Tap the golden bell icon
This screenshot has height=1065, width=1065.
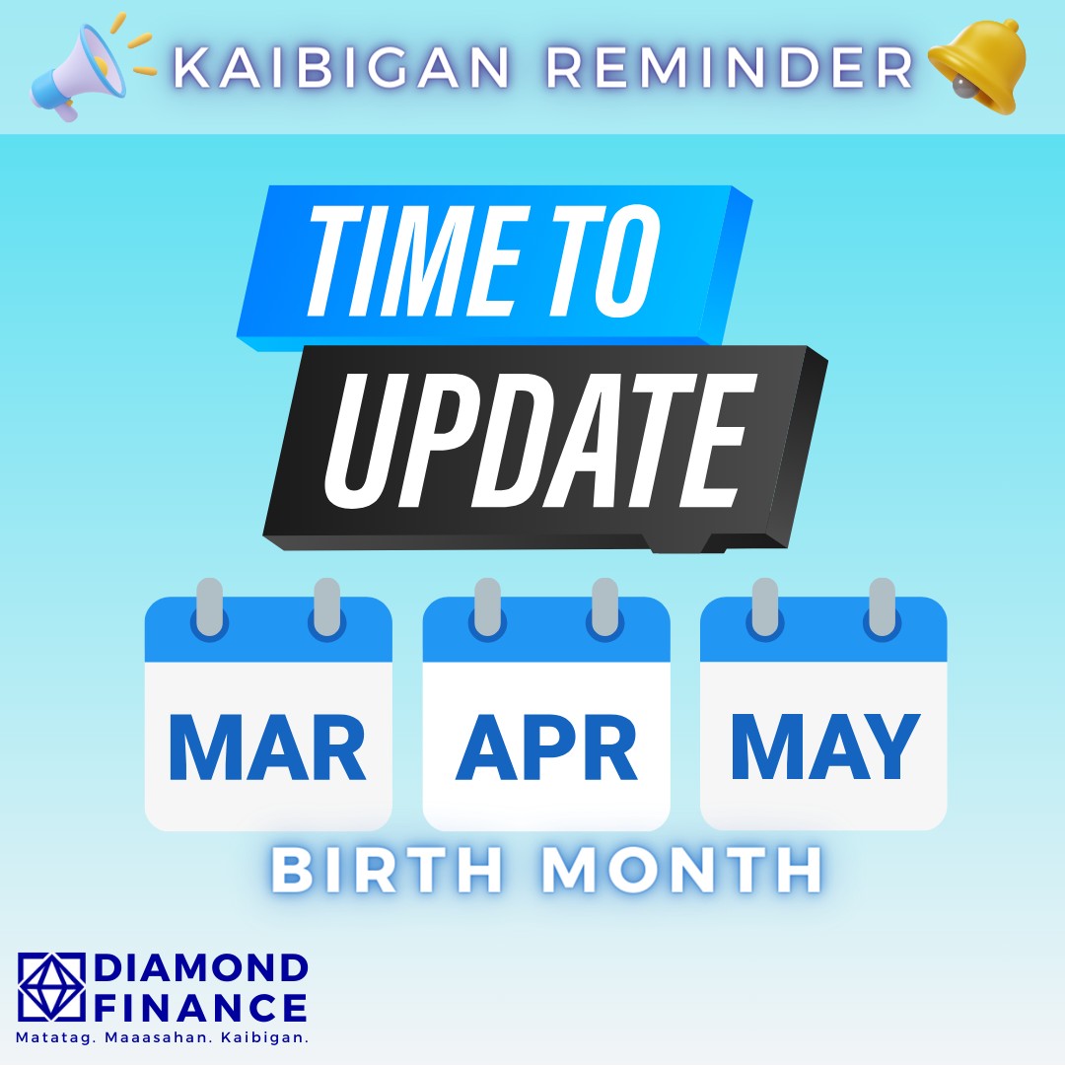978,67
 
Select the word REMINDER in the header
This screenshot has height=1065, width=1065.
730,67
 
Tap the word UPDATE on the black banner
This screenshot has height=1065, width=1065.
540,441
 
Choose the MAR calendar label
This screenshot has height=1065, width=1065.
267,747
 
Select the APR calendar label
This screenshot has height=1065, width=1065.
546,747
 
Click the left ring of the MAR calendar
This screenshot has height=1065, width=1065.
209,607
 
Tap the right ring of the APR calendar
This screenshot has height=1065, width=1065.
604,607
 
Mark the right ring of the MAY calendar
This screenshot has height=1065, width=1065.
883,607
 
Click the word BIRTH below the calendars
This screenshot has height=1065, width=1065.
388,870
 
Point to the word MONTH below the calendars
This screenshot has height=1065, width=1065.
682,870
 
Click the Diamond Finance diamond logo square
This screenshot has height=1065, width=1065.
51,987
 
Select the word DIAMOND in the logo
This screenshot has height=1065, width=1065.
200,967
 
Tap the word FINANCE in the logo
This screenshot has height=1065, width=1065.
200,1007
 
